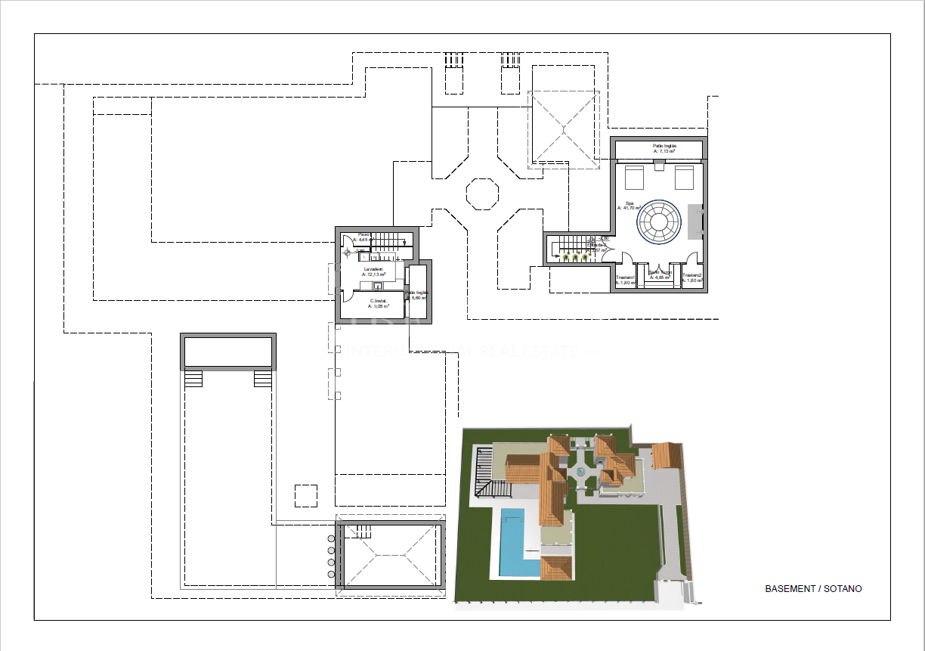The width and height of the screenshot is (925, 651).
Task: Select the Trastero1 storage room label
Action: (x=625, y=279)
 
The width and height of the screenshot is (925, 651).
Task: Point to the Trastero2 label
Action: (x=692, y=278)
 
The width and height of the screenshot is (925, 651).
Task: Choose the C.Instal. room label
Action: (x=378, y=303)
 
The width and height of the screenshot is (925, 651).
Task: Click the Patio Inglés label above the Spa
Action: (x=664, y=148)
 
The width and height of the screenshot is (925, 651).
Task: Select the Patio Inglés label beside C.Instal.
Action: (x=416, y=295)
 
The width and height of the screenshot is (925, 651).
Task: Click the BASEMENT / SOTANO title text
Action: (x=813, y=588)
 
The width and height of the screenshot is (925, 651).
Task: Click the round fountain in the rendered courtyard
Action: (x=580, y=472)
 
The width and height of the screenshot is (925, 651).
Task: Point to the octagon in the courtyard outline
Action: (x=481, y=192)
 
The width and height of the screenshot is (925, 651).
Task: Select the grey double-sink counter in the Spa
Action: (x=695, y=222)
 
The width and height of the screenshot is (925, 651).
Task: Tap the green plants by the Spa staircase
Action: (x=575, y=258)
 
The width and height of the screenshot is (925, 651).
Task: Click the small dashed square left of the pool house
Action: (x=305, y=496)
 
